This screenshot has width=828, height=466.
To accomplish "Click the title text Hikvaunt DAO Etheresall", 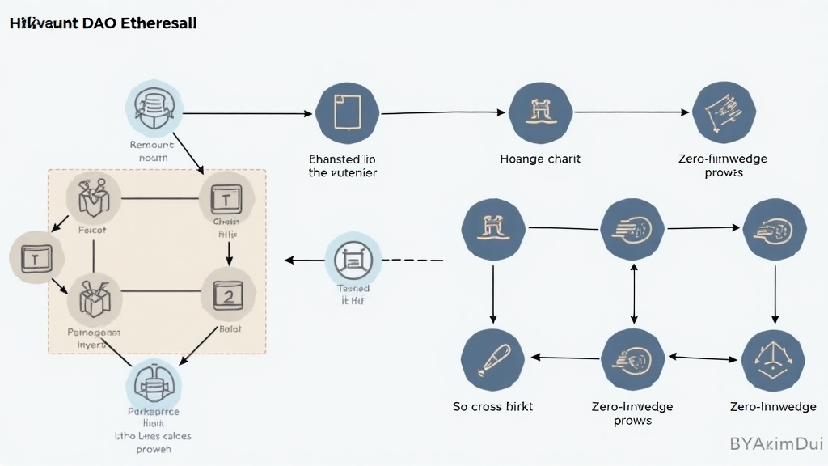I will tap(103, 23).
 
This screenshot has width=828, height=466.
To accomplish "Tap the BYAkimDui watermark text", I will tap(775, 443).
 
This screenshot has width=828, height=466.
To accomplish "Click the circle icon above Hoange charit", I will tap(541, 113).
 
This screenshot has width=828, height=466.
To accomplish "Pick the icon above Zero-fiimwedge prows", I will tap(724, 113).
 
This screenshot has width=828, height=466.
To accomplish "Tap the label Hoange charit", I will tap(540, 159).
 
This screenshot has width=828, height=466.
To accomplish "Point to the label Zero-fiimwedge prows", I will tap(723, 165).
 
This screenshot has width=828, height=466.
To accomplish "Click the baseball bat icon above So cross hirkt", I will tap(492, 361).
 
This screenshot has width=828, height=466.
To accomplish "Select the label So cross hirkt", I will tap(492, 406).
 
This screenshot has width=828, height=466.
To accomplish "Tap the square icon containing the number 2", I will tap(228, 296).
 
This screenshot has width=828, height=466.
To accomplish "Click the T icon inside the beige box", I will tap(226, 198).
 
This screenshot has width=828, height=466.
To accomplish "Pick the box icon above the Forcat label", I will tap(94, 198).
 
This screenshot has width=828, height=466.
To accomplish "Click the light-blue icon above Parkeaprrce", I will tap(153, 385).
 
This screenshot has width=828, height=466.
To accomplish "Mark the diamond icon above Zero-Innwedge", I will tap(772, 361).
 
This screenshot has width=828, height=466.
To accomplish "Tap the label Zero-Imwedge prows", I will tap(632, 413).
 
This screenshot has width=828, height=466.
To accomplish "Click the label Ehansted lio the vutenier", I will tap(343, 166).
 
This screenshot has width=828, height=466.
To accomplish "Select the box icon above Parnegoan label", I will tap(95, 299).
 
